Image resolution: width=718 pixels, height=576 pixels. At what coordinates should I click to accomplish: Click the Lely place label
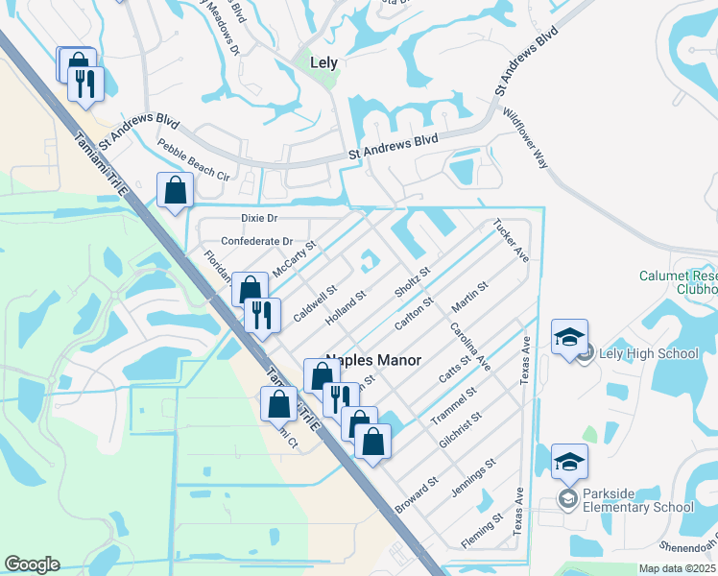(325, 62)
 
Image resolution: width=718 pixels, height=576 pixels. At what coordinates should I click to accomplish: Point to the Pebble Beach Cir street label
(194, 162)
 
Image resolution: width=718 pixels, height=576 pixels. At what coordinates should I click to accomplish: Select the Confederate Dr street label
(256, 241)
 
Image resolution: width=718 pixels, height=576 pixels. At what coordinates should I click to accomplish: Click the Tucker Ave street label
(511, 240)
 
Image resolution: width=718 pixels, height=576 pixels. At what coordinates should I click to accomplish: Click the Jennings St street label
(477, 476)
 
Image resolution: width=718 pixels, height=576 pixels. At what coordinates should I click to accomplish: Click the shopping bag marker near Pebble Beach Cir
(176, 190)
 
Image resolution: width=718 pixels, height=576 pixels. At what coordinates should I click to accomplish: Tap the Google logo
(32, 564)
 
